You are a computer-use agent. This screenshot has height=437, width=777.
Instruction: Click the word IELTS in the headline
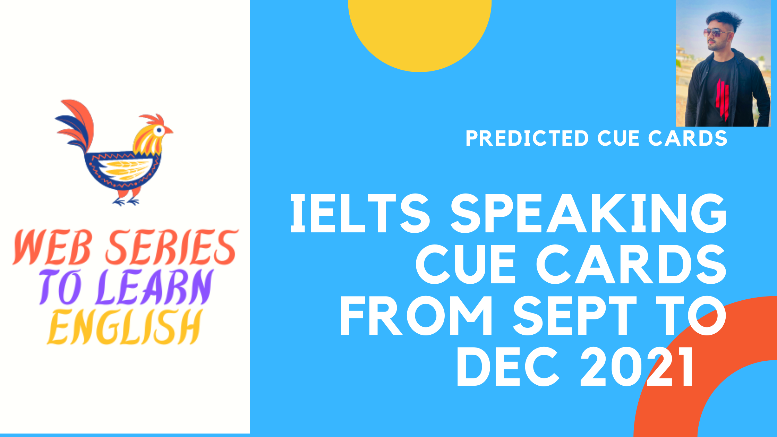click(360, 213)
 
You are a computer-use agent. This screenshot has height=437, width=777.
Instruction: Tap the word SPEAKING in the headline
click(588, 213)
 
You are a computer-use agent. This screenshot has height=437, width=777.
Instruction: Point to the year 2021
click(636, 367)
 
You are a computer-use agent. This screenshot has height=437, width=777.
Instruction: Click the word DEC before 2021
click(508, 367)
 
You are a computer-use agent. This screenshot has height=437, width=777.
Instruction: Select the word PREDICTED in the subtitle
click(527, 138)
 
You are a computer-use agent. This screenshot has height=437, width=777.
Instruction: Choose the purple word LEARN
click(155, 287)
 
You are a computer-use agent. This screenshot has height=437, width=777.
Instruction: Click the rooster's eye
click(159, 131)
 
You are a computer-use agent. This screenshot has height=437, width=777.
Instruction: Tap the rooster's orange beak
click(169, 130)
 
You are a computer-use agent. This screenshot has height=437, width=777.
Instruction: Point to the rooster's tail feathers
click(75, 125)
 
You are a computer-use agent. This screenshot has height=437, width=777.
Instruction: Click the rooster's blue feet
click(127, 202)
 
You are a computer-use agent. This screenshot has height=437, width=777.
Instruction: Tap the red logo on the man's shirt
click(722, 98)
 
